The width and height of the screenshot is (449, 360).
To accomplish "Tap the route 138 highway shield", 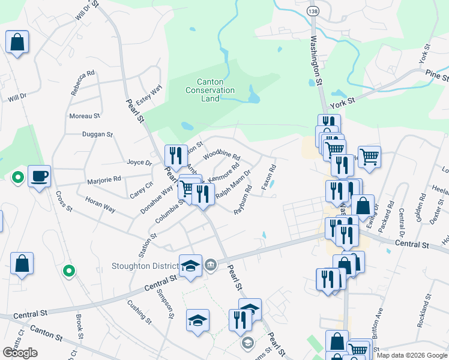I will [x=312, y=11].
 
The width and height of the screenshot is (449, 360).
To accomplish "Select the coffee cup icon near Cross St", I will [x=39, y=176].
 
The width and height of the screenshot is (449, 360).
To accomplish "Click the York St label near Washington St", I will [x=343, y=103].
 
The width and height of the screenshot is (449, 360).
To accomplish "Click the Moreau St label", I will [x=85, y=116].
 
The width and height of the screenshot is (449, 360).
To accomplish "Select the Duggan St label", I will [x=97, y=135].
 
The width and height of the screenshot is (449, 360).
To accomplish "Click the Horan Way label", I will [x=100, y=205].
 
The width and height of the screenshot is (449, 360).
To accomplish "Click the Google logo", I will [x=20, y=353].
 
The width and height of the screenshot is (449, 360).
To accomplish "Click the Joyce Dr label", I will [x=139, y=162].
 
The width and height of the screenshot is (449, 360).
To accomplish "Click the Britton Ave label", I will [x=377, y=324].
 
